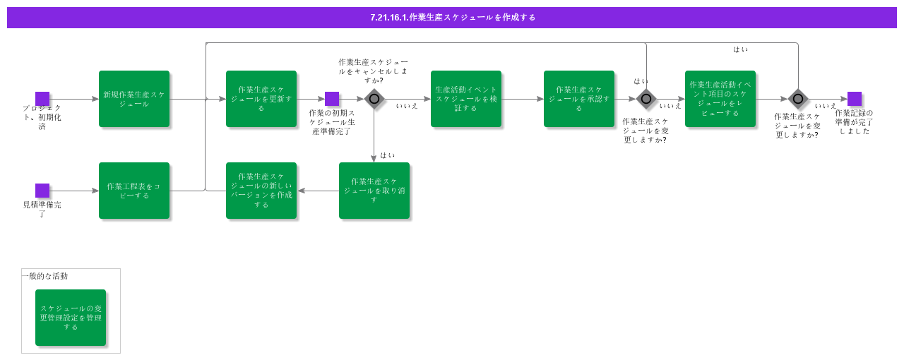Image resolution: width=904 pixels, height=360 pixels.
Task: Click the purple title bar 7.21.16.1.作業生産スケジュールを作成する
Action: tap(452, 18)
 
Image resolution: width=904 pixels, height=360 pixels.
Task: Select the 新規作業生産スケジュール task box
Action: tap(134, 99)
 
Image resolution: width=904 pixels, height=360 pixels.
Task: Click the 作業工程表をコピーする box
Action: tap(134, 191)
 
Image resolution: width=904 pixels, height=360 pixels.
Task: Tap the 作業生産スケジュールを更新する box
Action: tap(261, 99)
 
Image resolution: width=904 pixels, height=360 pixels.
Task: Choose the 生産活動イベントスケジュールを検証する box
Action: tap(466, 99)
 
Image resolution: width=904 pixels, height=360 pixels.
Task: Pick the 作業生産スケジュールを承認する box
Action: tap(579, 99)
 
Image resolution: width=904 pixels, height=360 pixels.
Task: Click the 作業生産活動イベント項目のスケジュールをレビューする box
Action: tap(720, 99)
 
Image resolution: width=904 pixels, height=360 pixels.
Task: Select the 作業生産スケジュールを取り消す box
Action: tap(374, 191)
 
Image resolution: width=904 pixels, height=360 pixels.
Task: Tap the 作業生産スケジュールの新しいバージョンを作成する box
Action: tap(261, 191)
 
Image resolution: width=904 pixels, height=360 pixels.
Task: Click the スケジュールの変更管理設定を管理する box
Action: tap(71, 318)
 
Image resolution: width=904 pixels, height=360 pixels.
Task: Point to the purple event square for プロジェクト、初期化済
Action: tap(42, 99)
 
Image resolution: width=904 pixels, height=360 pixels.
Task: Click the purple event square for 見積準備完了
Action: tap(42, 191)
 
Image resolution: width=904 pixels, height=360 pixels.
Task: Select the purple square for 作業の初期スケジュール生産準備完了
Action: tap(332, 99)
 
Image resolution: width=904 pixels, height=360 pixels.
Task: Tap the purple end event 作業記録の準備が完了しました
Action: tap(855, 99)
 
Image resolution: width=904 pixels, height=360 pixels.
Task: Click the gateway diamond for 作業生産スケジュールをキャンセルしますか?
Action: tap(374, 99)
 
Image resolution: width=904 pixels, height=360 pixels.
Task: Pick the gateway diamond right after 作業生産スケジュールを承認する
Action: tap(646, 99)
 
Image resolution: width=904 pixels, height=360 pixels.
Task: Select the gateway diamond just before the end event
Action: tap(798, 99)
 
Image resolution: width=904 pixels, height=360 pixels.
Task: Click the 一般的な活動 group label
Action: tap(45, 276)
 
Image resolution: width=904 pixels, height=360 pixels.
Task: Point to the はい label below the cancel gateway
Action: tap(387, 155)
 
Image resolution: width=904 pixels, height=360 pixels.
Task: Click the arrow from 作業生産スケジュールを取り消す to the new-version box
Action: tap(318, 191)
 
